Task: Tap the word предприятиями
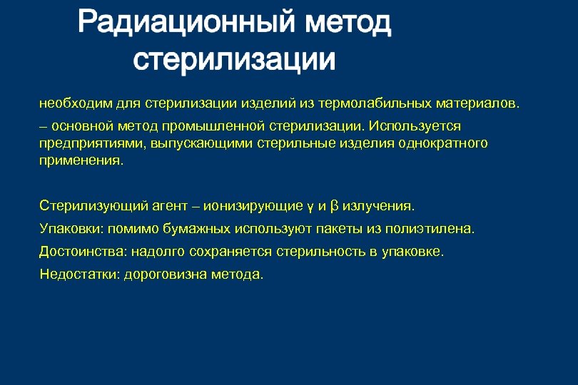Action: click(x=84, y=143)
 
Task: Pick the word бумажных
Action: click(x=192, y=229)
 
